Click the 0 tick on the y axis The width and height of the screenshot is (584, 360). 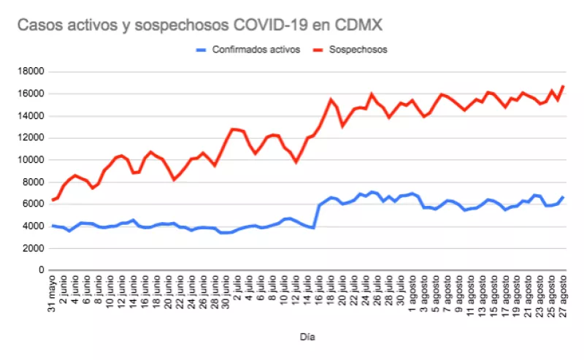tap(42, 270)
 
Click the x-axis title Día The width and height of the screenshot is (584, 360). tap(307, 337)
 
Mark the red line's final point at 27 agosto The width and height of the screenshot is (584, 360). tap(563, 86)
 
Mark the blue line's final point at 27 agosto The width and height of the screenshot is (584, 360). tap(563, 196)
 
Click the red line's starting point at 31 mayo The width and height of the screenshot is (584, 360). tap(53, 199)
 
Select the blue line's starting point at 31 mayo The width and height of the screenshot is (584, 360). tap(53, 226)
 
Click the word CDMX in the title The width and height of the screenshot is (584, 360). tap(356, 26)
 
